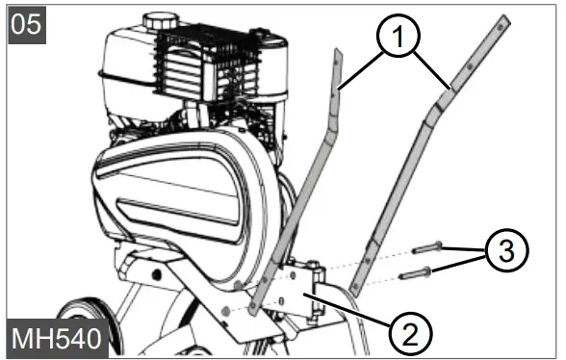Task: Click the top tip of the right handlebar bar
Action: pos(501,22)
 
